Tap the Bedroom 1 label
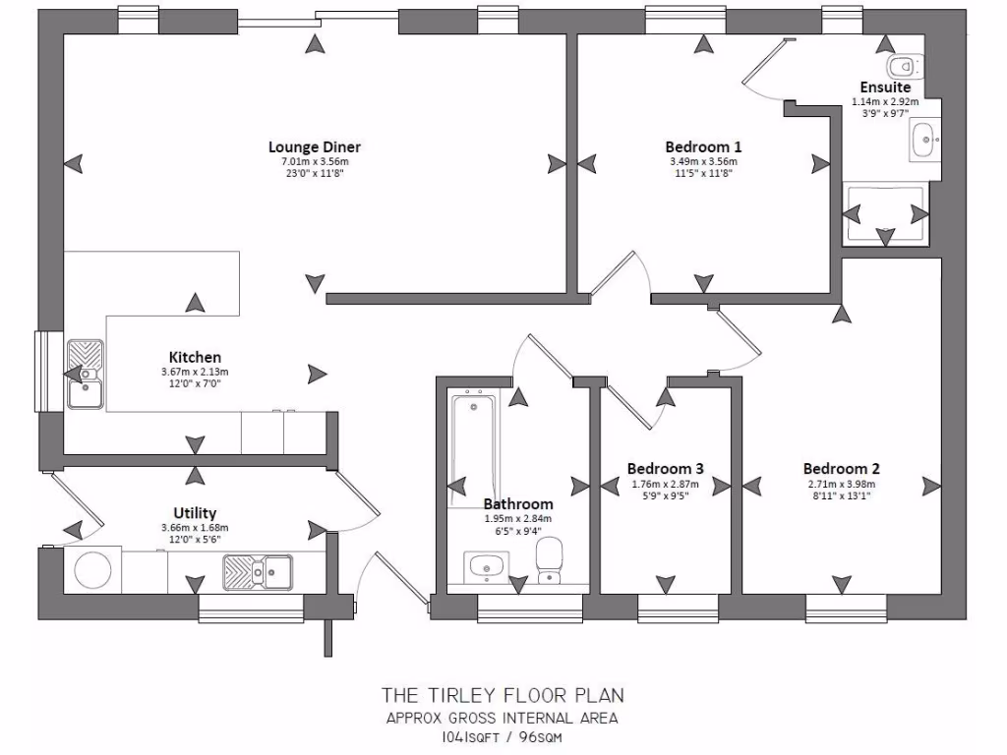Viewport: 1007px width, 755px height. (703, 147)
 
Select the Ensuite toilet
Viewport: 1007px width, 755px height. (901, 67)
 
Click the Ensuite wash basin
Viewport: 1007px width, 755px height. (924, 139)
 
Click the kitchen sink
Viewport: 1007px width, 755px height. (85, 374)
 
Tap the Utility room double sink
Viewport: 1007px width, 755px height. (257, 570)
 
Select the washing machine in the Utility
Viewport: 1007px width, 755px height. (93, 570)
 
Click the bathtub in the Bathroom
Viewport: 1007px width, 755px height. (473, 447)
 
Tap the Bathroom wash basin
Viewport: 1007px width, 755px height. (484, 566)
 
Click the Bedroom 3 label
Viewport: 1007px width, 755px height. (665, 469)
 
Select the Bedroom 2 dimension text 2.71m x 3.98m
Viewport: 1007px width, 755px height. (841, 484)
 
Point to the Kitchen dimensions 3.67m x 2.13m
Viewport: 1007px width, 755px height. (195, 372)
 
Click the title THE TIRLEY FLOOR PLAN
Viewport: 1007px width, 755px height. (503, 695)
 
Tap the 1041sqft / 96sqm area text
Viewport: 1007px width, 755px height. (503, 736)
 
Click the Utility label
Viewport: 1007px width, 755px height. (195, 513)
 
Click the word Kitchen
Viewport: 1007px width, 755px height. (195, 357)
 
